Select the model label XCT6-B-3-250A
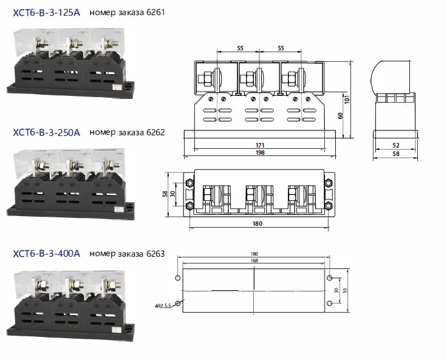pyautogui.click(x=46, y=132)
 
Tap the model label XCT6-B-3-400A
pyautogui.click(x=46, y=254)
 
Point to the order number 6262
pyautogui.click(x=153, y=132)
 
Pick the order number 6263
pyautogui.click(x=153, y=254)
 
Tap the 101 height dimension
pyautogui.click(x=346, y=98)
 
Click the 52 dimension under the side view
pyautogui.click(x=396, y=146)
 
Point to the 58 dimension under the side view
pyautogui.click(x=396, y=154)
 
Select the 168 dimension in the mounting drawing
pyautogui.click(x=253, y=262)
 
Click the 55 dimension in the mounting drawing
pyautogui.click(x=347, y=291)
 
